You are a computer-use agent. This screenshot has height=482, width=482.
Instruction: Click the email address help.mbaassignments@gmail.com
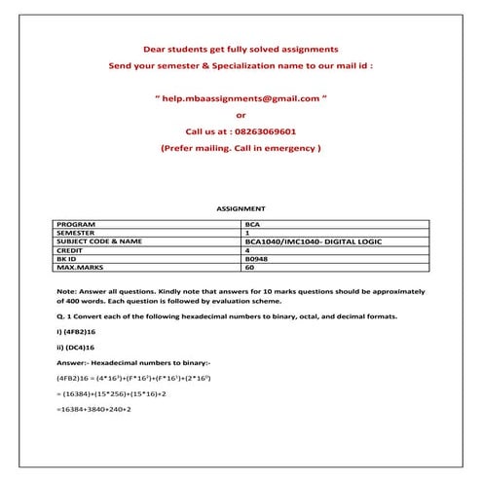click(242, 98)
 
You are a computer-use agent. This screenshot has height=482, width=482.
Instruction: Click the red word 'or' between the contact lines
click(241, 115)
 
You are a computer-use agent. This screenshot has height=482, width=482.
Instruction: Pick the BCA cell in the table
click(254, 225)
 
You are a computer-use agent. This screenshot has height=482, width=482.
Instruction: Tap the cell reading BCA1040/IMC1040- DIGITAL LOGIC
click(310, 241)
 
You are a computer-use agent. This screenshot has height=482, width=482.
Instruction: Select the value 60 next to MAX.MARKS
click(250, 267)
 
